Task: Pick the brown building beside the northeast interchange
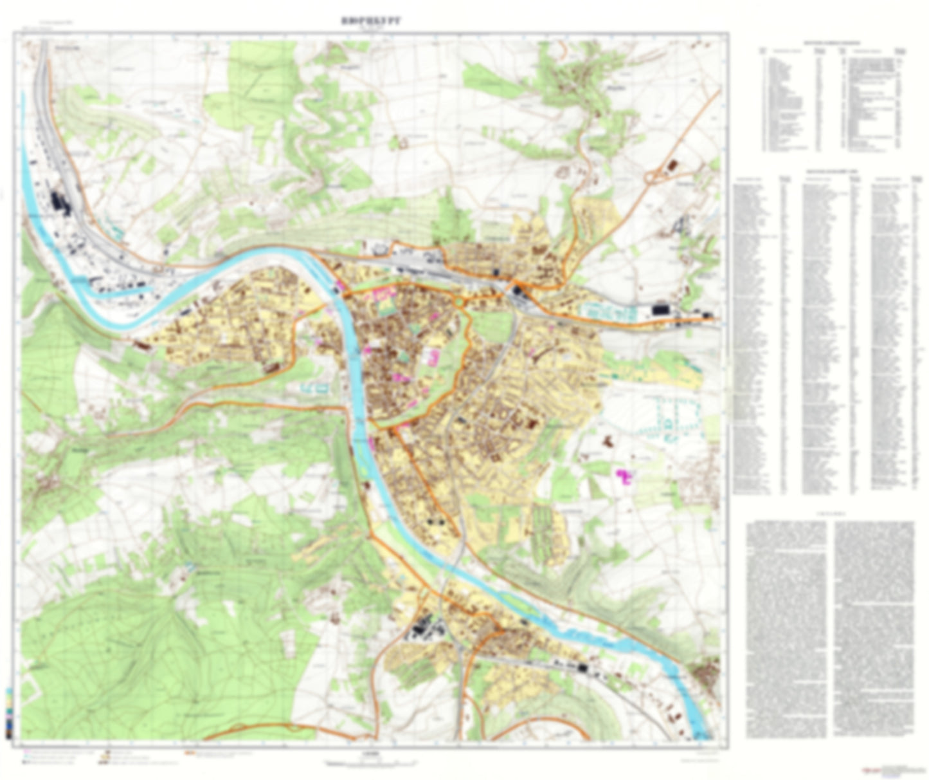[x=673, y=165]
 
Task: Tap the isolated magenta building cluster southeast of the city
[x=624, y=476]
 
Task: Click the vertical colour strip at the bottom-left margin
[x=8, y=711]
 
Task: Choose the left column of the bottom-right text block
[x=786, y=627]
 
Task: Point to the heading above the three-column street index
[x=827, y=171]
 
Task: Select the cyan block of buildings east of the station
[x=608, y=312]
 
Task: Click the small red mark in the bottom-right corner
[x=871, y=770]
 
